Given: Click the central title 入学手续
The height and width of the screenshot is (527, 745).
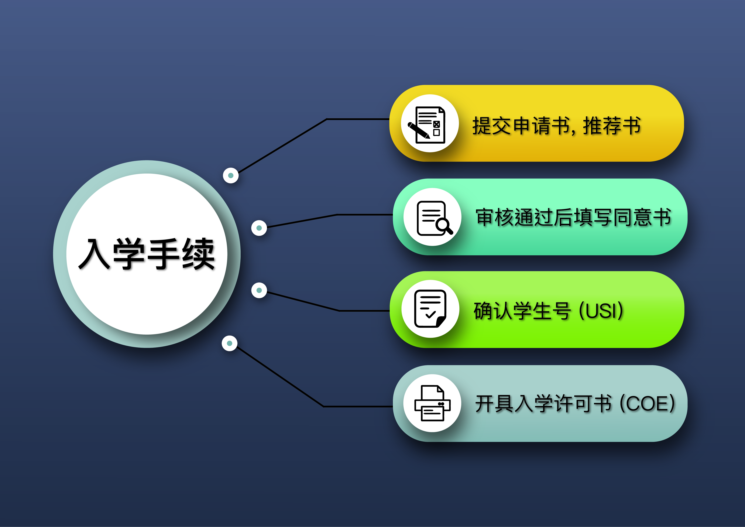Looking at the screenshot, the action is (147, 254).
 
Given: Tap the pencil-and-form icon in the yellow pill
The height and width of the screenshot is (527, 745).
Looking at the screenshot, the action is (427, 125).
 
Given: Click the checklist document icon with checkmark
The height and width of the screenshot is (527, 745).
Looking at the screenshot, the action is (430, 309).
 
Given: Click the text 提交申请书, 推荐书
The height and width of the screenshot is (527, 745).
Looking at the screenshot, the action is (556, 126).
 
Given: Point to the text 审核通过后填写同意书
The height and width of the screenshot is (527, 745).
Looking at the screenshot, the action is (573, 217).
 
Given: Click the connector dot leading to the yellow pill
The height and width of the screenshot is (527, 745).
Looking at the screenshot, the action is (231, 175).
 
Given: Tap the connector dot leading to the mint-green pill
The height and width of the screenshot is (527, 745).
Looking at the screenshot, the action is (259, 228).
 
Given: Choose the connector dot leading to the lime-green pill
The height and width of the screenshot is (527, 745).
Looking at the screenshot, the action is (259, 290).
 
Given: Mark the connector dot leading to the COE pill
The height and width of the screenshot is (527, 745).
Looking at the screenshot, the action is (229, 343).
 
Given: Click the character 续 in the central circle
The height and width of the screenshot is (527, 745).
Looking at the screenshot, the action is (198, 254).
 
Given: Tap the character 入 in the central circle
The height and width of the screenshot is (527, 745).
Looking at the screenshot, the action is (94, 254).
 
